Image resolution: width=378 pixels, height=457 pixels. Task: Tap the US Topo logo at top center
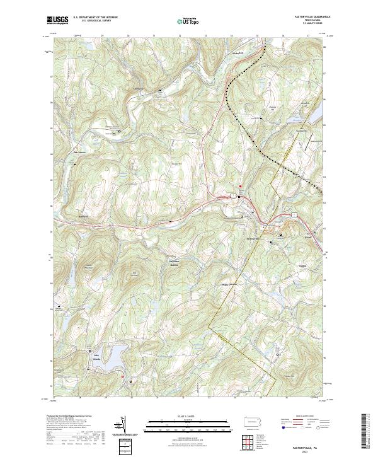click(188, 21)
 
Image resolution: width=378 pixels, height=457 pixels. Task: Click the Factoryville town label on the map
click(253, 238)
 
